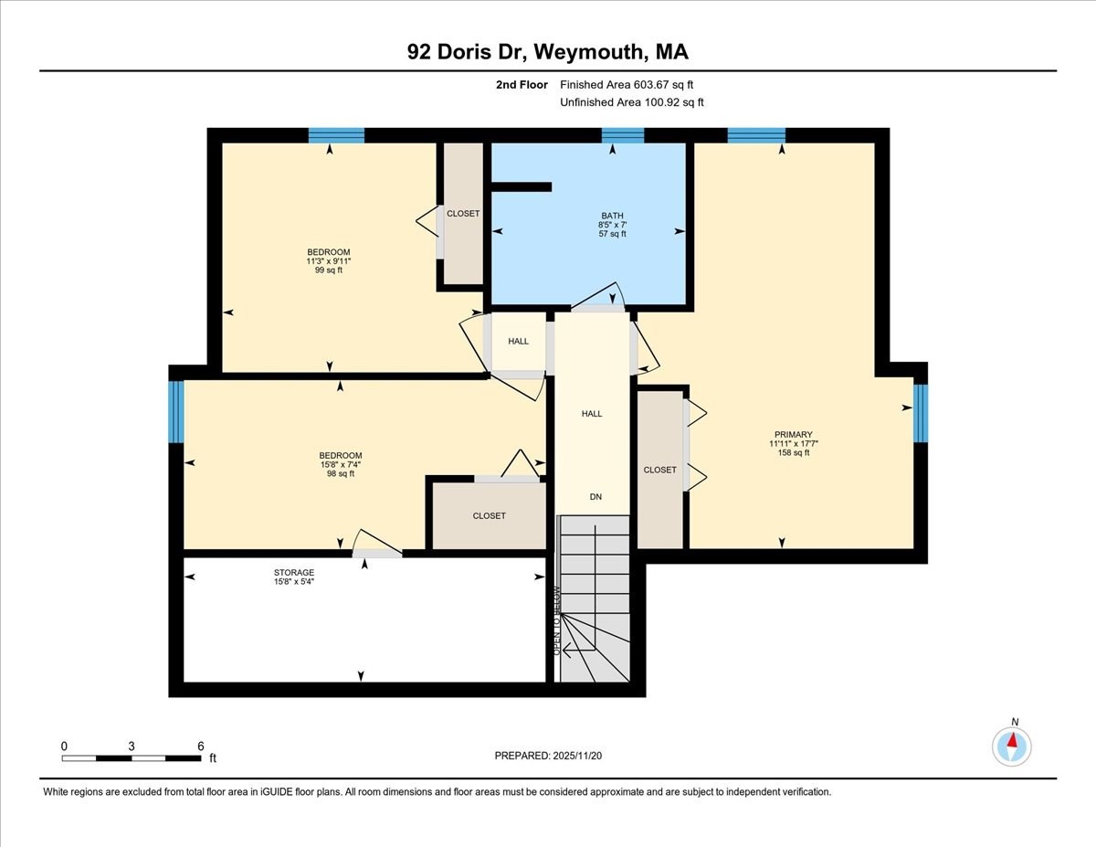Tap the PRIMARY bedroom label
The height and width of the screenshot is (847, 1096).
[793, 435]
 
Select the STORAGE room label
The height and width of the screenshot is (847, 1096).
[293, 573]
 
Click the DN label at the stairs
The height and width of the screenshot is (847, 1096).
[595, 497]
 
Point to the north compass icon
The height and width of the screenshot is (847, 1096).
[1011, 746]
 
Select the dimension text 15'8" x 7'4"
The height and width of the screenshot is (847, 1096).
[340, 465]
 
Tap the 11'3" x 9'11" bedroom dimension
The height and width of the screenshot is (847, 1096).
[328, 261]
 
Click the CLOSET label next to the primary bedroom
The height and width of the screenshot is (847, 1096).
[659, 470]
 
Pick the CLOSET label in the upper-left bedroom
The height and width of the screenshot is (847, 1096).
[463, 214]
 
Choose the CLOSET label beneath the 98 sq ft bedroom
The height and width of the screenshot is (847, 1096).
[489, 516]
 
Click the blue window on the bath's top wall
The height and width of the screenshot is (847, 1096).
[623, 136]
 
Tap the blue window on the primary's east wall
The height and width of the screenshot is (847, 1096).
[921, 413]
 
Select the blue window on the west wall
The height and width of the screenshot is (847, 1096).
[176, 412]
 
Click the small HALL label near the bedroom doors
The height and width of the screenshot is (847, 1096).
[519, 342]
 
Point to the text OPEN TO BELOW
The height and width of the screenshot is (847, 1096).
[556, 620]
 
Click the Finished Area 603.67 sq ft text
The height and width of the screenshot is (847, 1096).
[632, 85]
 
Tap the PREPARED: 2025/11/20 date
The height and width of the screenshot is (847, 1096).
[548, 756]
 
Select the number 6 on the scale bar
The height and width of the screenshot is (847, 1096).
[200, 746]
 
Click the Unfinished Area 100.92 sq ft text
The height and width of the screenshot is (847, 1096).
[632, 102]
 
